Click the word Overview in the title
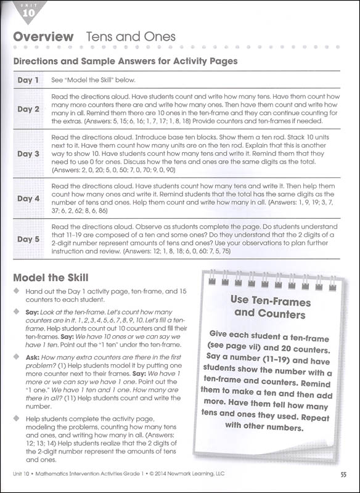pos(43,37)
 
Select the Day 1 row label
pos(28,80)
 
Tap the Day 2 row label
pos(28,109)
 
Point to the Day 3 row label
pos(28,153)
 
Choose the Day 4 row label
pos(28,198)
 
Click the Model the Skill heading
pos(51,278)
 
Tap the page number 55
pos(343,474)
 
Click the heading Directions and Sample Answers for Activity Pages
pos(125,61)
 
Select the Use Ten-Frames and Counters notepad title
pos(268,307)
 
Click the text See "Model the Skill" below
pos(93,80)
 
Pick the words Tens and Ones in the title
pos(131,37)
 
